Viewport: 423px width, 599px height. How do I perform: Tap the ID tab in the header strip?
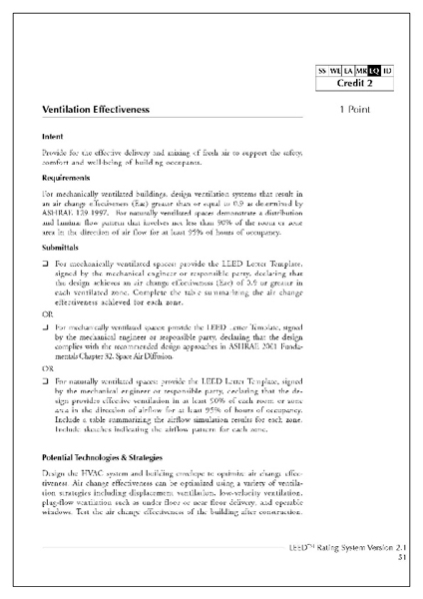388,70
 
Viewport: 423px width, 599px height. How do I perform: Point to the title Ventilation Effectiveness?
96,107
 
